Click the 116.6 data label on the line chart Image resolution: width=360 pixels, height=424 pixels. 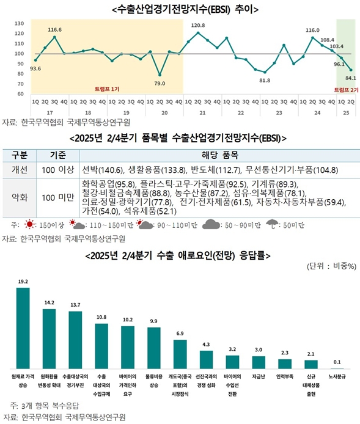point(54,29)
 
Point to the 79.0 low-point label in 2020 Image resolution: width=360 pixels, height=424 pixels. point(160,83)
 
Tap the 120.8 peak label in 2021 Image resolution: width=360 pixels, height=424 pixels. point(198,25)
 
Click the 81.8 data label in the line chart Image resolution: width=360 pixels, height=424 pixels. point(265,80)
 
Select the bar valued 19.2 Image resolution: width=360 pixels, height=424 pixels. point(23,327)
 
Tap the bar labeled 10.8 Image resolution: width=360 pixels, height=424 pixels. point(101,345)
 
